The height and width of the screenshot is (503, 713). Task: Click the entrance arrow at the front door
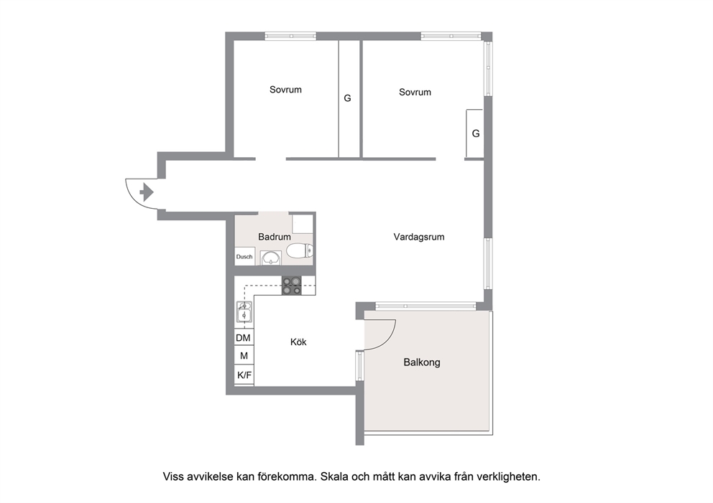[147, 192]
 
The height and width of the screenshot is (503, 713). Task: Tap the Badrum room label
[274, 237]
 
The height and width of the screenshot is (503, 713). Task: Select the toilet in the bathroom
[300, 250]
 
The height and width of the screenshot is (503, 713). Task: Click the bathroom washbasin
[271, 258]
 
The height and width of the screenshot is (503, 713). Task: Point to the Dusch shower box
[244, 256]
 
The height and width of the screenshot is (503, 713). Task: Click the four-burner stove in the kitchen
[292, 286]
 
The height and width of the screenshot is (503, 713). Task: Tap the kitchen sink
[244, 311]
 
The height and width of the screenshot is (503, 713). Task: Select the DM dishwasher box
[243, 338]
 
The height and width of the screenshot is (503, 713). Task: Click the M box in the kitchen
[244, 356]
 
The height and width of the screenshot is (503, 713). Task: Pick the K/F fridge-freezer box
[244, 375]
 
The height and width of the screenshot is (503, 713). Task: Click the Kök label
[298, 342]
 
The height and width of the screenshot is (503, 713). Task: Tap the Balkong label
[421, 362]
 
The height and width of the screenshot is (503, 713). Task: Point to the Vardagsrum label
[419, 237]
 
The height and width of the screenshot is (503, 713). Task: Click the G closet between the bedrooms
[349, 99]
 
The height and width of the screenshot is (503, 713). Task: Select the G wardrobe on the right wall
[474, 134]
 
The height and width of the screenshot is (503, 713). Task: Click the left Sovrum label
[285, 90]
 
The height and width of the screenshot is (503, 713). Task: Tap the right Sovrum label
[415, 92]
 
